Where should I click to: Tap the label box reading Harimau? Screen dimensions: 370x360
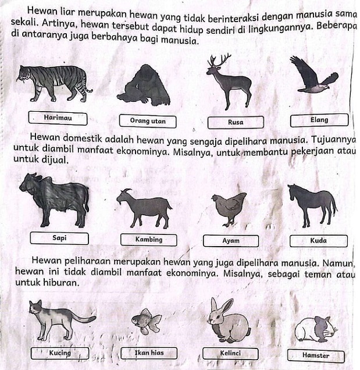pyautogui.click(x=58, y=118)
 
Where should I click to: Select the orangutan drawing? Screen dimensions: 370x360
pyautogui.click(x=144, y=86)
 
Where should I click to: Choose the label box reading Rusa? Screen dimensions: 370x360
pyautogui.click(x=236, y=122)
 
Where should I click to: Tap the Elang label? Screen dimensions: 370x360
pyautogui.click(x=319, y=120)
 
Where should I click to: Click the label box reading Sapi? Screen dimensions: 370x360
pyautogui.click(x=59, y=239)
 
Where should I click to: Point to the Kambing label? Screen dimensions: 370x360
pyautogui.click(x=149, y=240)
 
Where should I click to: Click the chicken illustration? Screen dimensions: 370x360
pyautogui.click(x=229, y=206)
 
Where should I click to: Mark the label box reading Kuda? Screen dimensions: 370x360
pyautogui.click(x=318, y=240)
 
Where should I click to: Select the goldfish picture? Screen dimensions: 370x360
pyautogui.click(x=145, y=321)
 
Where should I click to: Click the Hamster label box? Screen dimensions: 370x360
pyautogui.click(x=315, y=355)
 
